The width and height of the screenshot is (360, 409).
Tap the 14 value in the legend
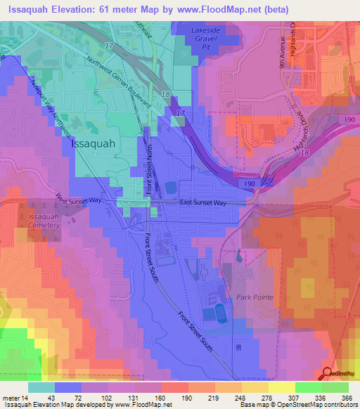pos(26,398)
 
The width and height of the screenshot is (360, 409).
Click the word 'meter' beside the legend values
pos(11,398)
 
